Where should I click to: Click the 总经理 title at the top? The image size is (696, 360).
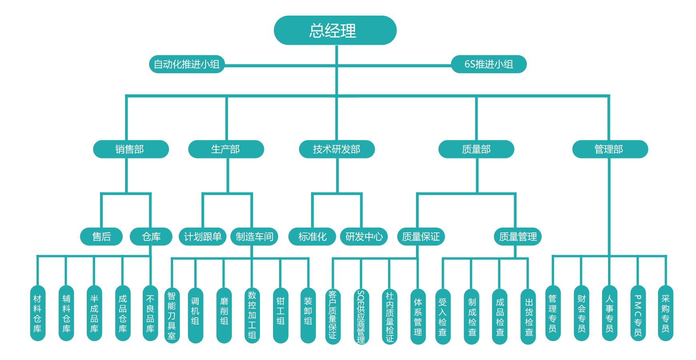[332, 31]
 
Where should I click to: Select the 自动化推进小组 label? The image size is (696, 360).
[186, 64]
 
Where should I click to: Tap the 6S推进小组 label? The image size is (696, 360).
[489, 64]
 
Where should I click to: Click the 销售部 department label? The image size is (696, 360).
[129, 149]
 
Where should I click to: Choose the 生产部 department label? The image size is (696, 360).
[225, 149]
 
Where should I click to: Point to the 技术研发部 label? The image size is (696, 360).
[336, 149]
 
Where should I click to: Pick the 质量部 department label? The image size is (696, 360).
[476, 149]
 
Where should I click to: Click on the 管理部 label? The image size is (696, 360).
[608, 149]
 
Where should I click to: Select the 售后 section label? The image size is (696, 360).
[102, 237]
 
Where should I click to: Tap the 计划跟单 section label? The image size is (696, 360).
[203, 237]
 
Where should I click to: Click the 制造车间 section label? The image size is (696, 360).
[254, 237]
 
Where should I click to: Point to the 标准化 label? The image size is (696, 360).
[312, 237]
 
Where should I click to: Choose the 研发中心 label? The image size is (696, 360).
[364, 237]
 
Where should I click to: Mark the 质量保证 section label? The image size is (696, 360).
[421, 237]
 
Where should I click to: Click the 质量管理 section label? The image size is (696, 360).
[518, 237]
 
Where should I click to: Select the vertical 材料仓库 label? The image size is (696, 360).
[37, 314]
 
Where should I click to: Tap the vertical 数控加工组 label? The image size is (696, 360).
[252, 315]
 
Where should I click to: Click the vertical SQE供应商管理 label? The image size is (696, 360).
[361, 317]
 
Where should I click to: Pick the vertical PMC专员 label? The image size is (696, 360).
[638, 316]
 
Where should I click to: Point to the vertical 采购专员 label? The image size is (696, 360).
[665, 314]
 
